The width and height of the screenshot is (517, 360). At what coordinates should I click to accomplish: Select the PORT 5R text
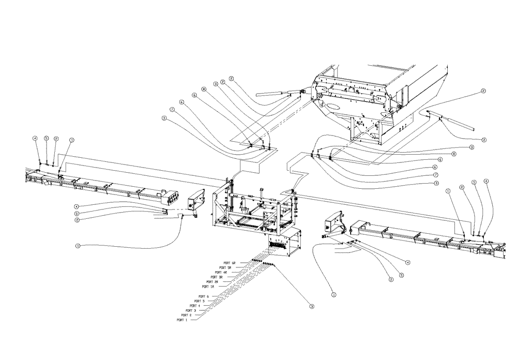click(x=225, y=267)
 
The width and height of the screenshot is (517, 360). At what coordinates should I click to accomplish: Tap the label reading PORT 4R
click(x=221, y=272)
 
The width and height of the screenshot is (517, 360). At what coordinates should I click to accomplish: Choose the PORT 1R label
click(x=208, y=286)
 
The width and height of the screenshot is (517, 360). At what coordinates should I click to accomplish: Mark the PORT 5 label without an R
click(x=199, y=301)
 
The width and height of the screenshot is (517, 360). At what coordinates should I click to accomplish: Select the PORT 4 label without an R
click(x=195, y=305)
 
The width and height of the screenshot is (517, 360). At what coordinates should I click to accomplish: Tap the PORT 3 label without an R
click(x=191, y=310)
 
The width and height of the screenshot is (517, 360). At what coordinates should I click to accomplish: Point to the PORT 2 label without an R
click(x=186, y=315)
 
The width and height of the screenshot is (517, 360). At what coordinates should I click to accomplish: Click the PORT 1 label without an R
click(x=182, y=320)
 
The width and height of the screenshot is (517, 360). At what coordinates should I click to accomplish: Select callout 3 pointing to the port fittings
click(x=312, y=306)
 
